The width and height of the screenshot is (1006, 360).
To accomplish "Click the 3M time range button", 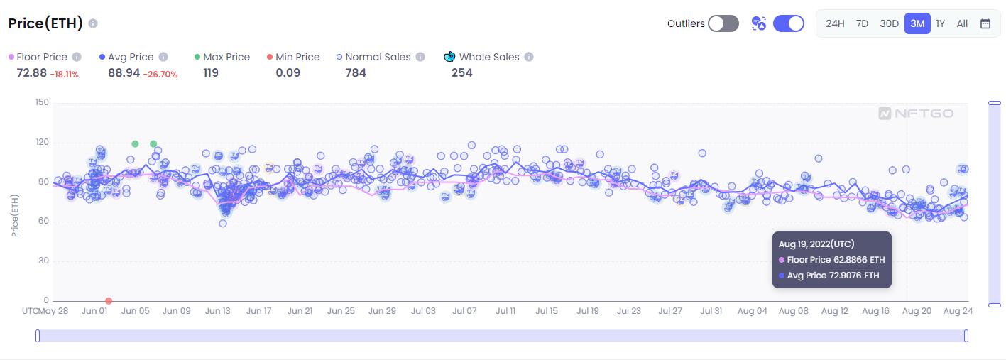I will pyautogui.click(x=917, y=23).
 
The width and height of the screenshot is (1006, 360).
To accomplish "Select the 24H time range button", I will pyautogui.click(x=835, y=23).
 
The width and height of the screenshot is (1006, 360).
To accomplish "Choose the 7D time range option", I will pyautogui.click(x=862, y=23).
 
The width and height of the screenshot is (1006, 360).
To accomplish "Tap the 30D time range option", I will pyautogui.click(x=889, y=23).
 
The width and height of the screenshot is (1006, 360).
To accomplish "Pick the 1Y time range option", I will pyautogui.click(x=940, y=23).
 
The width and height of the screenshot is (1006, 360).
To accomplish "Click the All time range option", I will pyautogui.click(x=962, y=23).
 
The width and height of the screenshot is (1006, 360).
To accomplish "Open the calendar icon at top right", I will pyautogui.click(x=985, y=23).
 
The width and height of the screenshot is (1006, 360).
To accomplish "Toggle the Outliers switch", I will pyautogui.click(x=723, y=23).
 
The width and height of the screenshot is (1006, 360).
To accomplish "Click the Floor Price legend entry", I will pyautogui.click(x=41, y=57).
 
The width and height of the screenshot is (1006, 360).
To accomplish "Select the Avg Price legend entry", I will pyautogui.click(x=131, y=57).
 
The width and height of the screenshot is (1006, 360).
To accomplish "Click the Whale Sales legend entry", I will pyautogui.click(x=488, y=57).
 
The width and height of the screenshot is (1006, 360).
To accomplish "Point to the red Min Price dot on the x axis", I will pyautogui.click(x=109, y=301).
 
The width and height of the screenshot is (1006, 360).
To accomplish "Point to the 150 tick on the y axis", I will pyautogui.click(x=42, y=103).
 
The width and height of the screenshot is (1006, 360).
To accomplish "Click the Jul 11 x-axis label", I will pyautogui.click(x=505, y=311).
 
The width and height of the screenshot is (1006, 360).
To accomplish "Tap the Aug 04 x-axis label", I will pyautogui.click(x=753, y=311).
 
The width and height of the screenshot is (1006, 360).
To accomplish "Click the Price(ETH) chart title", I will pyautogui.click(x=45, y=23).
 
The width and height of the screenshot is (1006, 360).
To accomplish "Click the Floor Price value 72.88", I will pyautogui.click(x=31, y=72).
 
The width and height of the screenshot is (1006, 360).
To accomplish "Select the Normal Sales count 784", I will pyautogui.click(x=356, y=72).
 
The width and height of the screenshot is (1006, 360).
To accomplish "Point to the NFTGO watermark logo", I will pyautogui.click(x=916, y=114).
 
